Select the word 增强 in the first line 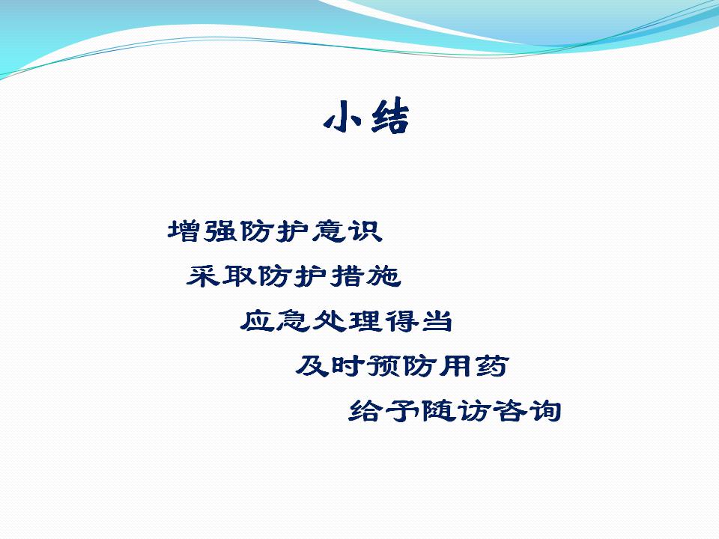(x=203, y=231)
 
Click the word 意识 (x=348, y=231)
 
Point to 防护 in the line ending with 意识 (x=275, y=231)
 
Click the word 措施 (x=366, y=275)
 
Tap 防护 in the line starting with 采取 (x=294, y=275)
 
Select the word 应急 (x=276, y=320)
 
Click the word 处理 (x=348, y=320)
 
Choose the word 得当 (x=419, y=320)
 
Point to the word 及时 (x=330, y=365)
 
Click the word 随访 (x=456, y=410)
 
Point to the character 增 (x=184, y=231)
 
